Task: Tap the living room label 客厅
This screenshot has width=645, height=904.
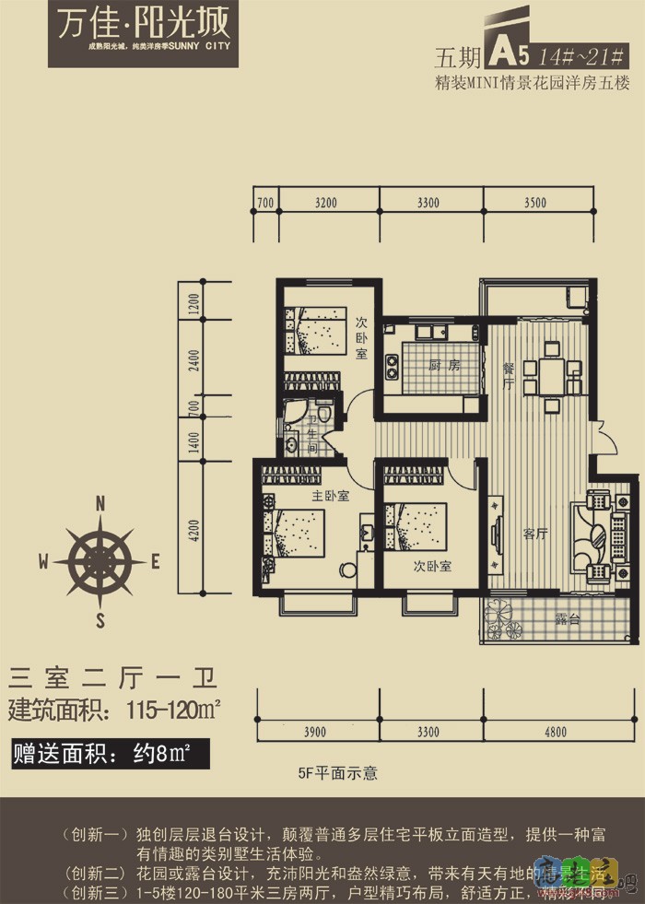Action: pos(535,534)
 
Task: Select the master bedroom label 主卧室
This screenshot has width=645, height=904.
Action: pos(330,496)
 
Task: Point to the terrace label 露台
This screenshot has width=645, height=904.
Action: pos(567,620)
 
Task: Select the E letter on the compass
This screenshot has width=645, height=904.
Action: pos(156,560)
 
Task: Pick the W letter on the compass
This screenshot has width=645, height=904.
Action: pos(43,560)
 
